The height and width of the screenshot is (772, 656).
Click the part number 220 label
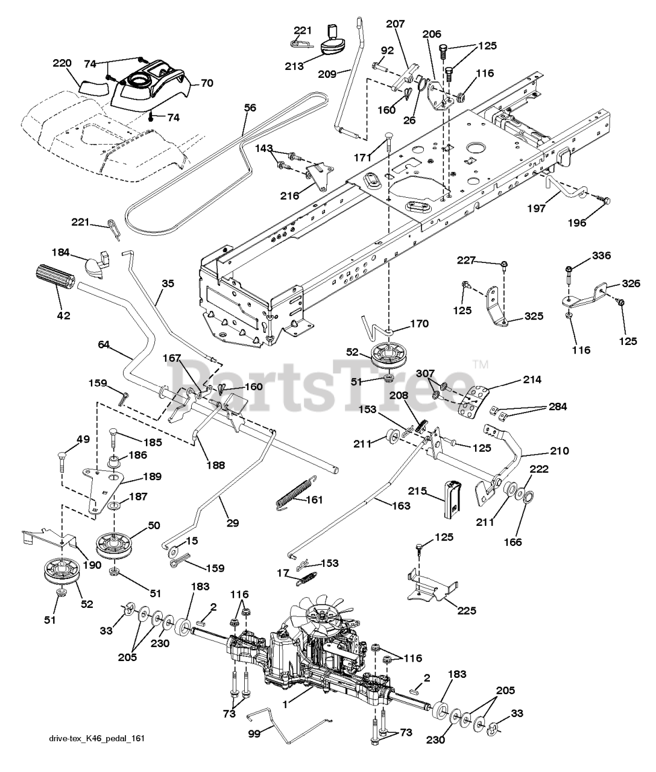[x=61, y=63]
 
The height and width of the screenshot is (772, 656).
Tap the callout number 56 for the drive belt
[x=250, y=108]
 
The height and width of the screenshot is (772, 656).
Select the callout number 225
[x=466, y=610]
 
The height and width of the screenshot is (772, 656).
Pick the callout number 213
[x=294, y=66]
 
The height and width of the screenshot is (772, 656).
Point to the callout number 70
[x=206, y=84]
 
